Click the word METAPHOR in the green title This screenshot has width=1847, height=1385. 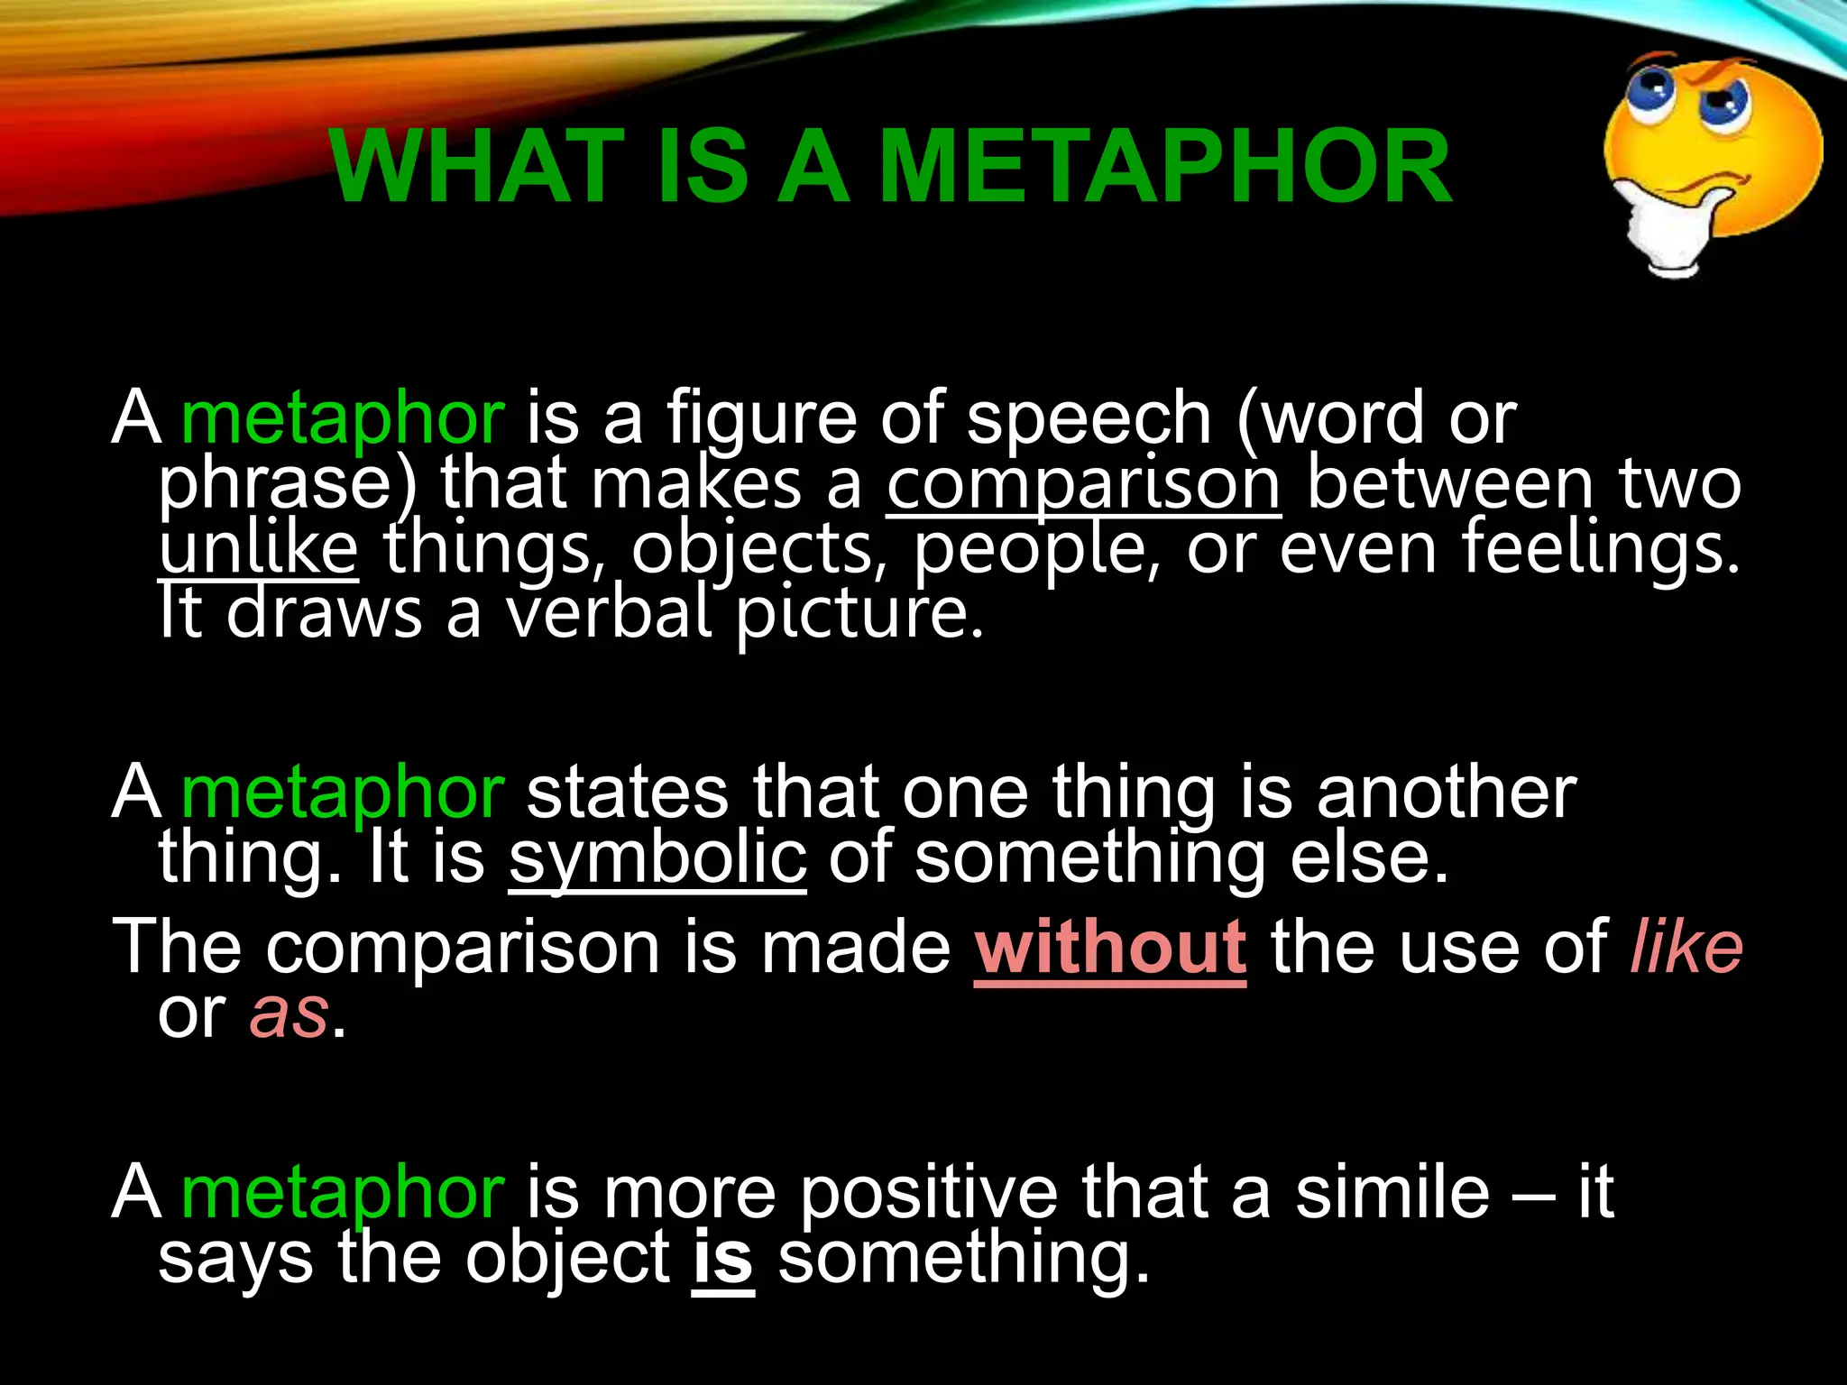pos(1165,168)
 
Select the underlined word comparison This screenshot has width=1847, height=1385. pos(1083,485)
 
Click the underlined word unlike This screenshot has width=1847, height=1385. pos(259,549)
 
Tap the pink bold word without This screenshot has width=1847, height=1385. pos(1110,949)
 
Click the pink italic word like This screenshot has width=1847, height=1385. pos(1686,949)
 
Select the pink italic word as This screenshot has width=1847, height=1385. pos(289,1014)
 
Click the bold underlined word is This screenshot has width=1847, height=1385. pos(722,1259)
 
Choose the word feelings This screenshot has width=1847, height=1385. pos(1601,549)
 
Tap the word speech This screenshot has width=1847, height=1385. pos(1089,420)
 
